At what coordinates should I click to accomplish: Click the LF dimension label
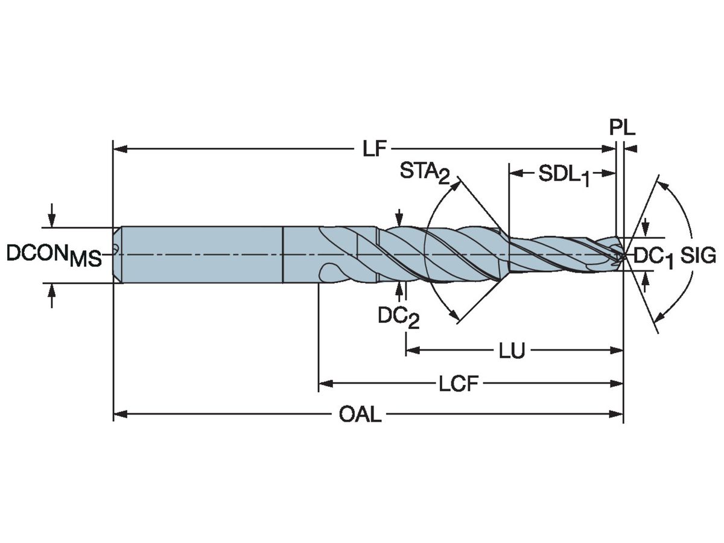[x=375, y=148]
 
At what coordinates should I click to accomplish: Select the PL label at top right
[x=621, y=129]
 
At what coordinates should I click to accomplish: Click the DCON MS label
[x=53, y=255]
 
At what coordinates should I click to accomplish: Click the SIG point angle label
[x=698, y=256]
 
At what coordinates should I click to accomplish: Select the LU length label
[x=512, y=351]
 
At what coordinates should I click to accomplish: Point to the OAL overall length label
[x=360, y=414]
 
